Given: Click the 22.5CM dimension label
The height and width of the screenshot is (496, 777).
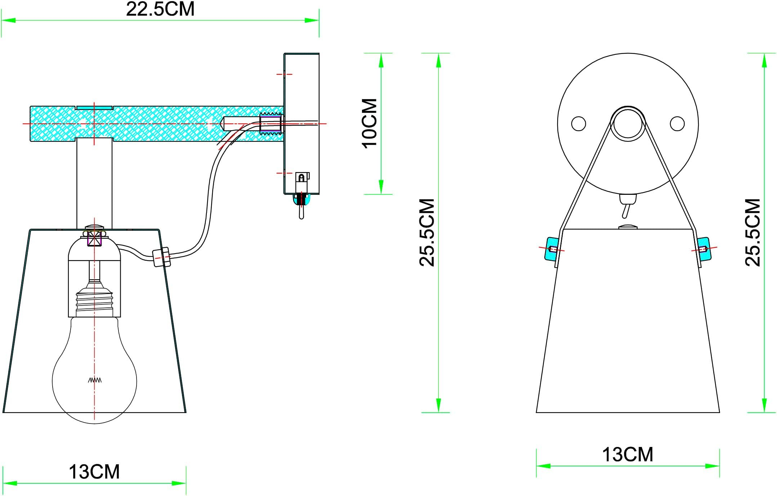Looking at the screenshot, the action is coord(160,9).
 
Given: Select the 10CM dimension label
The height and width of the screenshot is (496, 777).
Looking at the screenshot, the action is coord(370,123).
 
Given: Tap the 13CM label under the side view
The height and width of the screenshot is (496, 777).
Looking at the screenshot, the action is coord(94,472).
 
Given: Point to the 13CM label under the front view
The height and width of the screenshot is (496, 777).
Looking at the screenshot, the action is coord(628,455).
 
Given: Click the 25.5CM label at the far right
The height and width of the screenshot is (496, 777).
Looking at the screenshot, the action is coord(753,233).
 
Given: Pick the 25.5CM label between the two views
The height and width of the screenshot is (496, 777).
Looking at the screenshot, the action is coord(427,233).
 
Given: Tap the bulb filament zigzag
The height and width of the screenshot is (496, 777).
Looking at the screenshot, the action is coord(95,380).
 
